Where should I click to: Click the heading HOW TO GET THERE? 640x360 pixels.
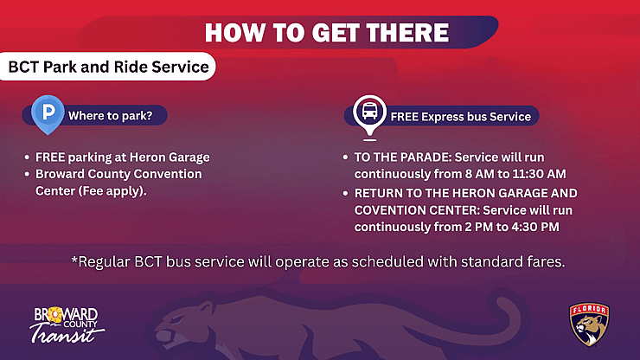(326, 33)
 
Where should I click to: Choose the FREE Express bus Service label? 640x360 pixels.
(460, 115)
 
